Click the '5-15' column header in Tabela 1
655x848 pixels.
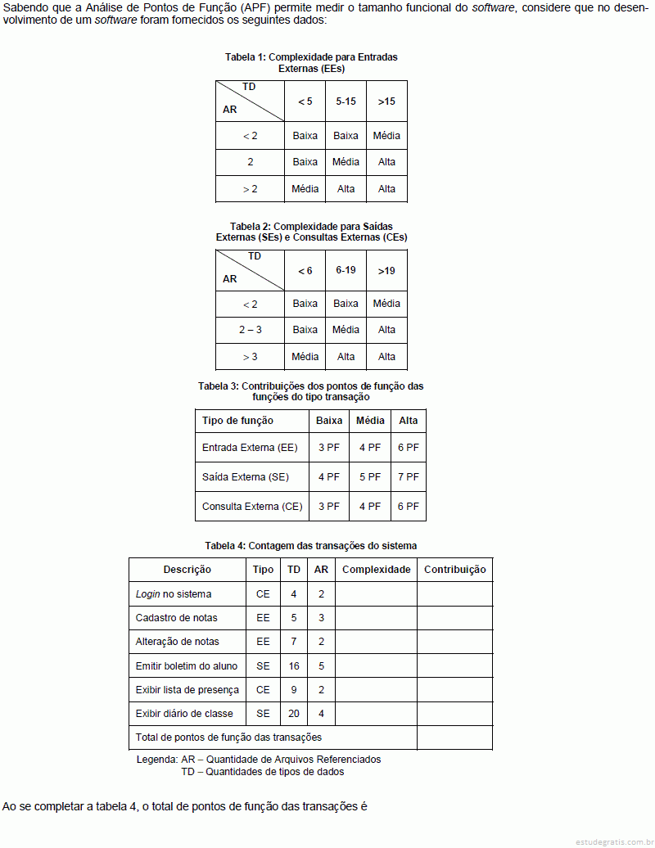coord(346,101)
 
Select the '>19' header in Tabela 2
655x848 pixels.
coord(386,270)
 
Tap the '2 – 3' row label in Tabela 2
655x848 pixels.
coord(251,330)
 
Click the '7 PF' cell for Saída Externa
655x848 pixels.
coord(408,476)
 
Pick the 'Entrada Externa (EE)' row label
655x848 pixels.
coord(250,448)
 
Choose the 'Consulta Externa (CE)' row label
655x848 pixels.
coord(252,507)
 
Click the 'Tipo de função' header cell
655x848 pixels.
coord(237,421)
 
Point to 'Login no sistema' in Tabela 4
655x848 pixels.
coord(174,593)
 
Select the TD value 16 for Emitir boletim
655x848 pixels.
coord(294,666)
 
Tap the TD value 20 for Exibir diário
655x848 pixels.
coord(294,714)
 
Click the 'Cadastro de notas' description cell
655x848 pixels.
coord(177,618)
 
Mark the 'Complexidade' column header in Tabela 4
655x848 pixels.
coord(376,570)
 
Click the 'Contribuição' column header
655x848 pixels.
coord(454,570)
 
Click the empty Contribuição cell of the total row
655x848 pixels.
coord(454,737)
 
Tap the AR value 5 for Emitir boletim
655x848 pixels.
coord(321,666)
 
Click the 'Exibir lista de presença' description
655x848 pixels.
coord(187,690)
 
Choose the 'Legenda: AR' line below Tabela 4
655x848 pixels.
coord(258,760)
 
